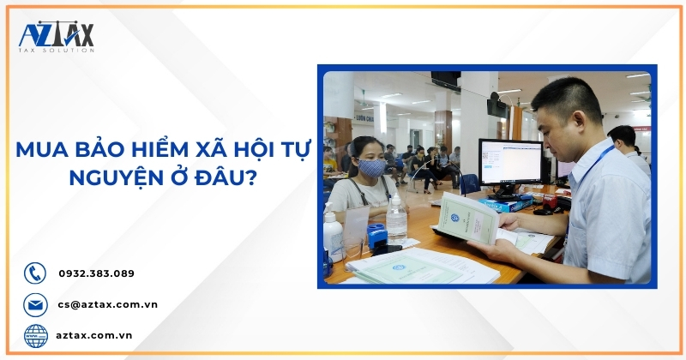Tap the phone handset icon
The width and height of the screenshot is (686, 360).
[x=35, y=273]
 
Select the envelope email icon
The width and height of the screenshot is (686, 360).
[x=35, y=304]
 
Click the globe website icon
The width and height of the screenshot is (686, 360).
[x=35, y=335]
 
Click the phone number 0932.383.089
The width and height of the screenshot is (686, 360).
[x=96, y=273]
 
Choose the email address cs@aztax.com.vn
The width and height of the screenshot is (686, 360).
[x=108, y=304]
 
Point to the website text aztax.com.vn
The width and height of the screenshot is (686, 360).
[x=95, y=335]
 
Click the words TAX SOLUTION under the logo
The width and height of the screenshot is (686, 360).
[x=57, y=51]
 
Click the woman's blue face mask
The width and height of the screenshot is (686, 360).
[x=371, y=167]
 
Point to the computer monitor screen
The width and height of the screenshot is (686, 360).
[x=508, y=159]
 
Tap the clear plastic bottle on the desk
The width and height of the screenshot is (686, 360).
[x=396, y=219]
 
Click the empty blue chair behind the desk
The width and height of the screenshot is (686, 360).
[x=469, y=183]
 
